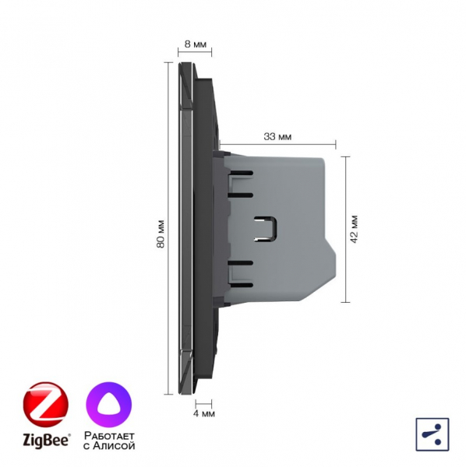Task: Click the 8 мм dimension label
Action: tap(196, 44)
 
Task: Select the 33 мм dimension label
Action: tap(277, 137)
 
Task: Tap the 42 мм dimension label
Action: tap(354, 229)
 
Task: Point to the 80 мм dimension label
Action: tap(161, 234)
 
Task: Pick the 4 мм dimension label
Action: tap(204, 414)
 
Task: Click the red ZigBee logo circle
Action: tap(46, 405)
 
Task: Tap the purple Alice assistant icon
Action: tap(109, 405)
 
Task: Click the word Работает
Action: tap(109, 436)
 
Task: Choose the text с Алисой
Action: tap(109, 446)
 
